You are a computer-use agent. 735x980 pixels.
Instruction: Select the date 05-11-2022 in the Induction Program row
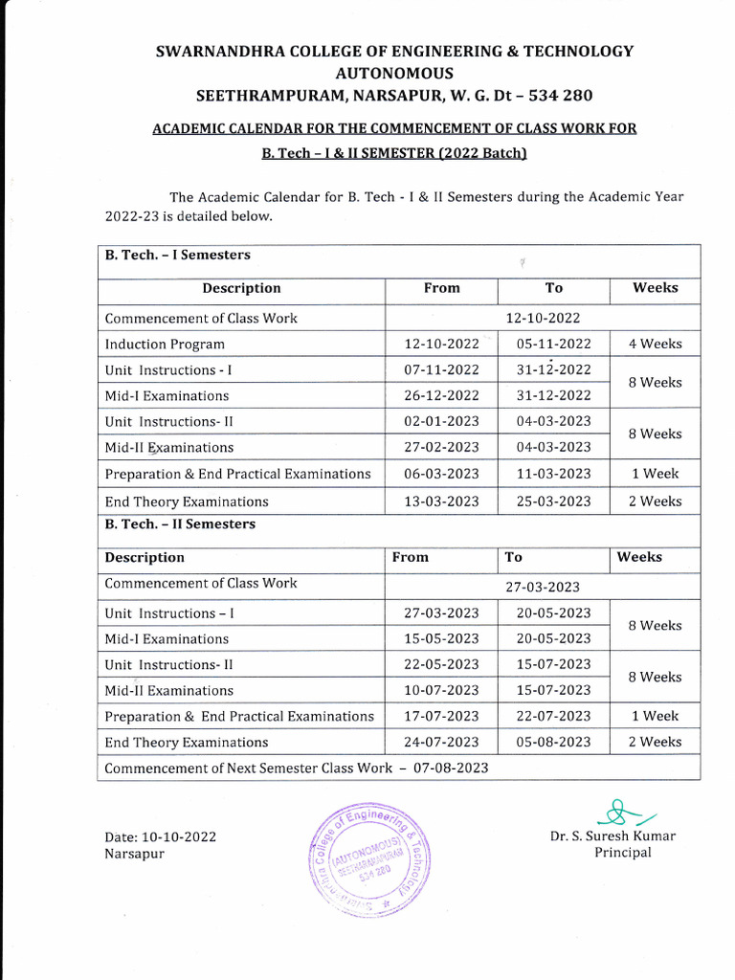point(553,344)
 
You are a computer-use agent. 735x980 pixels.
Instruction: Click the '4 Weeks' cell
point(655,344)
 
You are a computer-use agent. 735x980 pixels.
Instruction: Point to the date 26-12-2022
point(441,395)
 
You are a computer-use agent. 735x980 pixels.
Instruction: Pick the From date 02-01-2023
point(441,421)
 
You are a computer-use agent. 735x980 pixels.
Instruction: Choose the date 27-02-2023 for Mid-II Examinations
point(441,447)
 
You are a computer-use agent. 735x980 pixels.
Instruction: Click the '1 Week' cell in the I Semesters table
point(655,474)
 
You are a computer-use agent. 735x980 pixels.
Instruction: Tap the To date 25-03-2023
point(553,501)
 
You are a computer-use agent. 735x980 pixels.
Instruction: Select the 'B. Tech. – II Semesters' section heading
point(180,524)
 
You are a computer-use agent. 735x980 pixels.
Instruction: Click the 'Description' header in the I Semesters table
point(241,288)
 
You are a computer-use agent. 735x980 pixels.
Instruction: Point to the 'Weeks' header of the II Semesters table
point(639,557)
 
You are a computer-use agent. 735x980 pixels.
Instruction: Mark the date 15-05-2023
point(441,638)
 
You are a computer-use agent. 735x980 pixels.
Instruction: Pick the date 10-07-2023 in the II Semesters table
point(441,690)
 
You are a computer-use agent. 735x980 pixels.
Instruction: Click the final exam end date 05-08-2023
point(553,742)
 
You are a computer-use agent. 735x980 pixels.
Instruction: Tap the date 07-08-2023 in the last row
point(452,768)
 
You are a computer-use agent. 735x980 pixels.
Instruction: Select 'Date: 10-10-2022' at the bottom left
point(160,836)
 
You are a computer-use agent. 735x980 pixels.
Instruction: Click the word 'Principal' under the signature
point(622,853)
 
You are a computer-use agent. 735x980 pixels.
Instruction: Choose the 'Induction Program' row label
point(165,344)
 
